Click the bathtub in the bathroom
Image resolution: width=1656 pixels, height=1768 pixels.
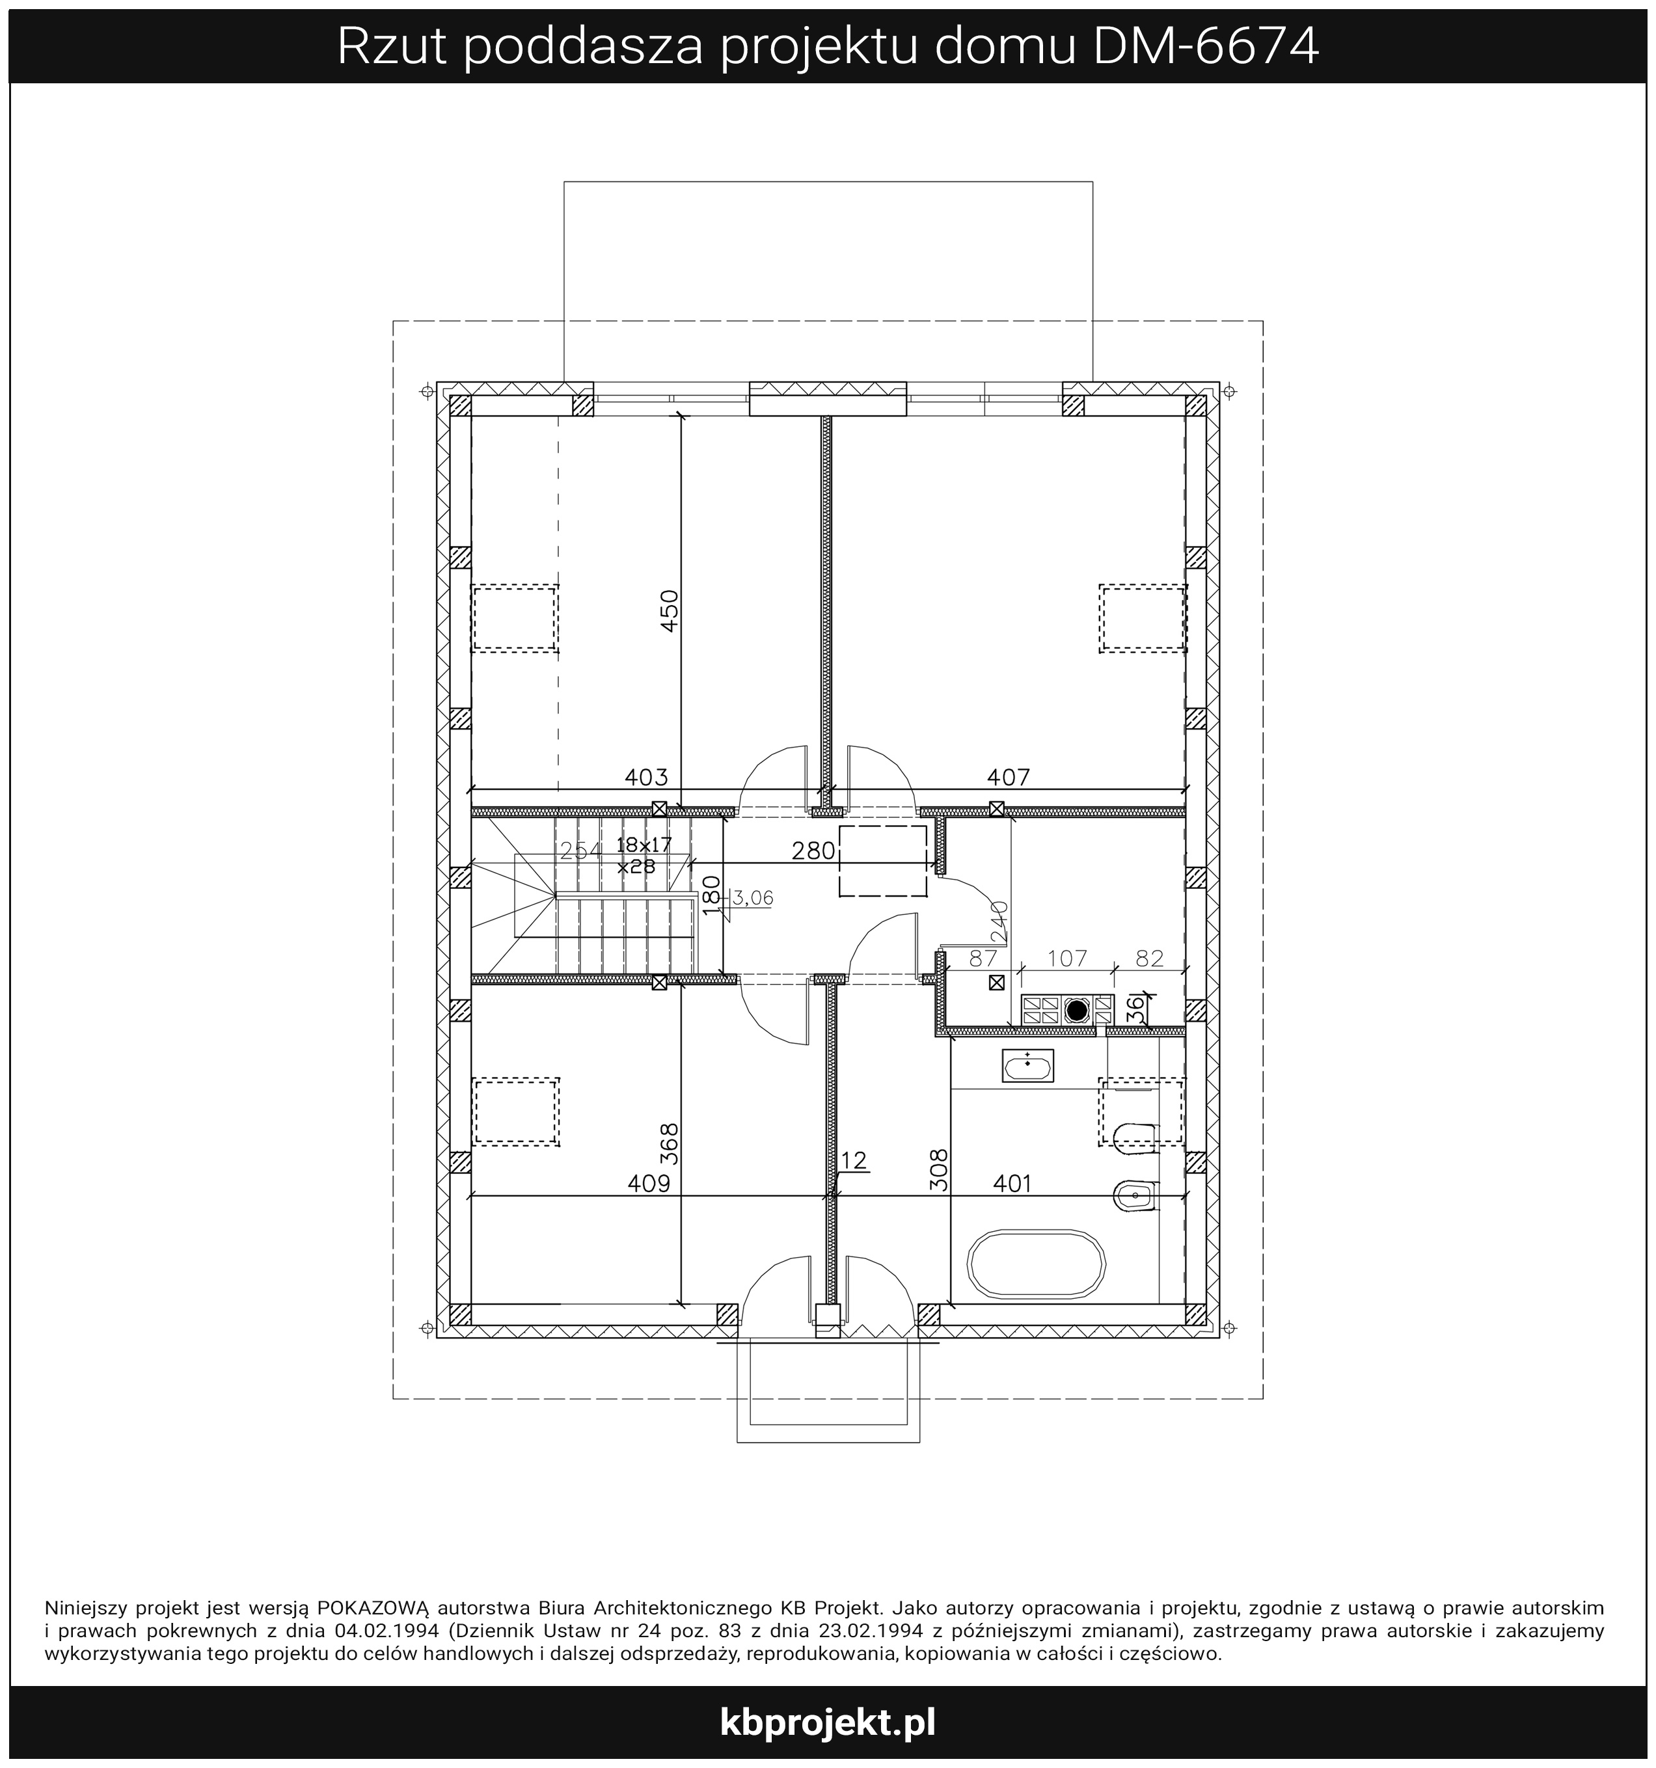1036,1264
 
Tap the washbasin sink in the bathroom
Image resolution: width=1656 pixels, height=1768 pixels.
1027,1065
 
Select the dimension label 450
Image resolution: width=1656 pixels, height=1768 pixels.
670,610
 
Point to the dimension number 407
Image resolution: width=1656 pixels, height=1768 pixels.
1009,777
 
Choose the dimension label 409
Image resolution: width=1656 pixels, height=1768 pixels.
648,1184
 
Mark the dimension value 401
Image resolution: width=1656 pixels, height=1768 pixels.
1012,1184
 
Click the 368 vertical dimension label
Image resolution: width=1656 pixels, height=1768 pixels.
670,1144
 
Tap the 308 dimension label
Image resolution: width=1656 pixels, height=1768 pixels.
939,1171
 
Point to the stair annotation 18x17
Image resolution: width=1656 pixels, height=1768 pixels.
644,844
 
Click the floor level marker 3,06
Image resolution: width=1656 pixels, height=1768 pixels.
752,898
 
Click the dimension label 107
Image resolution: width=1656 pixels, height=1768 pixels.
1067,959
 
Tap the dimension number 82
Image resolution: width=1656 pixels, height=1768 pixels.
1150,959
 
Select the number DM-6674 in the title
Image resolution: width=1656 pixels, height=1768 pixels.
1205,47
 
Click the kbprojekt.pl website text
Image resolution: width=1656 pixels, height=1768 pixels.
827,1722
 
